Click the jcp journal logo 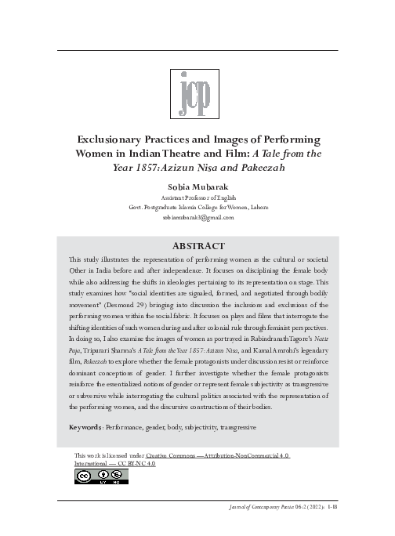click(x=197, y=92)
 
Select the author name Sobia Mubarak click(x=197, y=188)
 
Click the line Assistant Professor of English click(x=197, y=197)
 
